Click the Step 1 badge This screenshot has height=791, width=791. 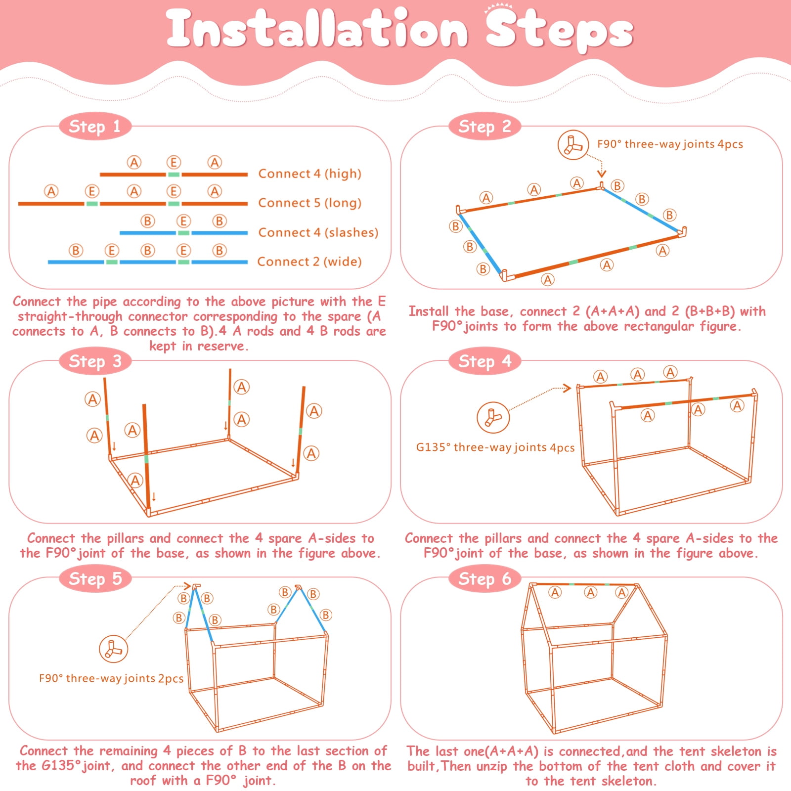point(95,127)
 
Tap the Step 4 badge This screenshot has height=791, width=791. point(485,361)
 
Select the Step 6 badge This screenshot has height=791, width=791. point(485,578)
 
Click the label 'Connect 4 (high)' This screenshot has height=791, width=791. point(310,174)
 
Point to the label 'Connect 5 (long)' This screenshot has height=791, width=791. point(310,203)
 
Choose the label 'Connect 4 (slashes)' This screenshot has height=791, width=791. point(318,232)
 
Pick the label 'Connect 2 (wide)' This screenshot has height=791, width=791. point(309,262)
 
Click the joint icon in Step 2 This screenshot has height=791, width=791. point(573,145)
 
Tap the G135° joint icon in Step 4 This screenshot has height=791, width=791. point(493,417)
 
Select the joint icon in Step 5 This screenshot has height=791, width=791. point(113,649)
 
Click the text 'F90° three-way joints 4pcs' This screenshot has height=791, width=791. point(670,144)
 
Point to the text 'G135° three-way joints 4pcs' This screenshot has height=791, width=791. point(495,447)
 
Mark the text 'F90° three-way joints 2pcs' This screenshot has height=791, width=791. point(111,678)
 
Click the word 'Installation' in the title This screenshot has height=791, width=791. point(317,29)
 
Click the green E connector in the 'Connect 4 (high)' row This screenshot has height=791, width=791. point(174,175)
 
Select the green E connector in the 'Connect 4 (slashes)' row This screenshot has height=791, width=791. point(183,233)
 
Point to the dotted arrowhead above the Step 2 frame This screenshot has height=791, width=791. point(602,173)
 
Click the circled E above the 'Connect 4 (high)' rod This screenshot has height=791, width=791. point(174,162)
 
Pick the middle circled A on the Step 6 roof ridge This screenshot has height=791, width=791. point(591,592)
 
